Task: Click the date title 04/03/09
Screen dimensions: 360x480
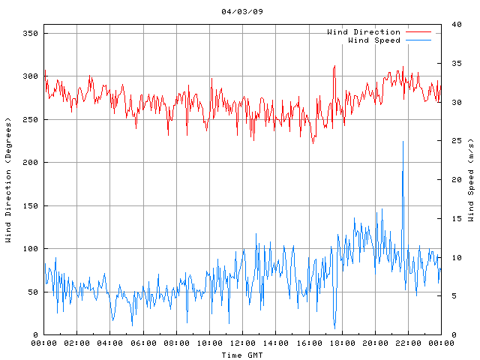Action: click(242, 12)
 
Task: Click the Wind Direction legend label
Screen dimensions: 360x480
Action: click(364, 32)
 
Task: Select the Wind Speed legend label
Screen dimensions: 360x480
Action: click(374, 40)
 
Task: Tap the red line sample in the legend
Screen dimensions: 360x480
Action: click(418, 32)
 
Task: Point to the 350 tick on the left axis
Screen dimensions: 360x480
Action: click(30, 33)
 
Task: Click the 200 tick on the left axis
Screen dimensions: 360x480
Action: click(30, 163)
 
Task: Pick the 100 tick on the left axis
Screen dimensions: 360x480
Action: click(30, 249)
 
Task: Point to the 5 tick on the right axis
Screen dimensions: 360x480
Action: click(454, 296)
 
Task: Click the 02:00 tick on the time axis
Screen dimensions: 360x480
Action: click(77, 343)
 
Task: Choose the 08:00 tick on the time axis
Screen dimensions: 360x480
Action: click(176, 343)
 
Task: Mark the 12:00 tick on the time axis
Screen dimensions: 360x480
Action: click(242, 343)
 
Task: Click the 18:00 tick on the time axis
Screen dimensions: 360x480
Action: click(341, 343)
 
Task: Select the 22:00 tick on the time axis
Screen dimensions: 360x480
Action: click(408, 343)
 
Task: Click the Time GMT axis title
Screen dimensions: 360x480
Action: click(242, 355)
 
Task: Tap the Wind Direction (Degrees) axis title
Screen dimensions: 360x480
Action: click(7, 180)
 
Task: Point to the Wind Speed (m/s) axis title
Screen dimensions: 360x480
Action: click(471, 180)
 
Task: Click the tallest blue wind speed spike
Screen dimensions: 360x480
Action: click(403, 142)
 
